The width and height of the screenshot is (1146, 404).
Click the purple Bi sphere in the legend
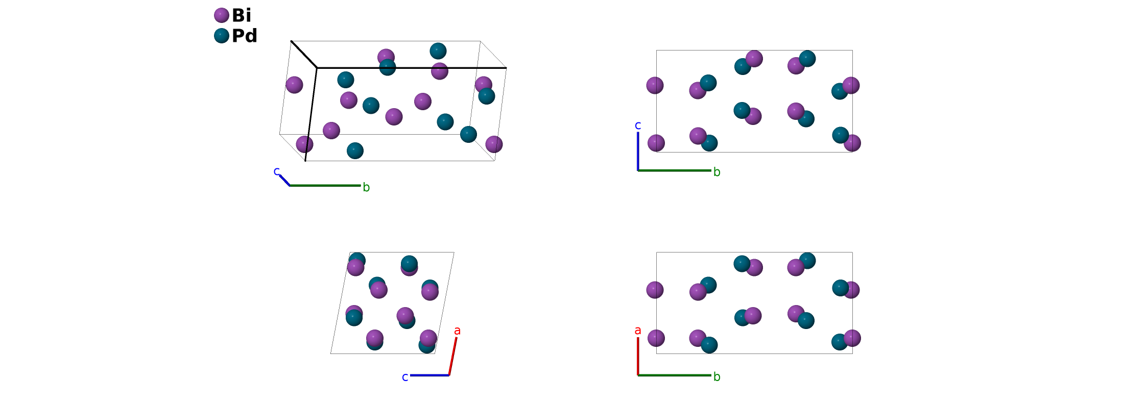(221, 15)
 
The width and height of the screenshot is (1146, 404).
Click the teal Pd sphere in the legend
(221, 36)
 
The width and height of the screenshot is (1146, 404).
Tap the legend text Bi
(242, 15)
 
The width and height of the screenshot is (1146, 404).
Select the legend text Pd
(245, 36)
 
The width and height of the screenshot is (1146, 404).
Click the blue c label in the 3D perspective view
(277, 171)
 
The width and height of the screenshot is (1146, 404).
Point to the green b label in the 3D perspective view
(366, 188)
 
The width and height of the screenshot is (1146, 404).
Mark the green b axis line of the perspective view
(325, 185)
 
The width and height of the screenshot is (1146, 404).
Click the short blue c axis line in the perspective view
(284, 180)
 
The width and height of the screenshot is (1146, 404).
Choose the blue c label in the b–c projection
(638, 125)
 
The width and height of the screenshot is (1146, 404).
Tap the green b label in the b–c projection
(717, 172)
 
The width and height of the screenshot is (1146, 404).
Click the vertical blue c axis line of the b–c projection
(638, 151)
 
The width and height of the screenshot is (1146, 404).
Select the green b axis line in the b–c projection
(674, 170)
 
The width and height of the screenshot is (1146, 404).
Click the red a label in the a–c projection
(458, 331)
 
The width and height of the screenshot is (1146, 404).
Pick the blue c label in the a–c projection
(405, 377)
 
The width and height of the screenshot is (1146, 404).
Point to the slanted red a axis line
(452, 356)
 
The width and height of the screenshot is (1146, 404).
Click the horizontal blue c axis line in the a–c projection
(429, 375)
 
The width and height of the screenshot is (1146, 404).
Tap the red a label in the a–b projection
(638, 331)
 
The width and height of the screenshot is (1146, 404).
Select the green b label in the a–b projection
(717, 377)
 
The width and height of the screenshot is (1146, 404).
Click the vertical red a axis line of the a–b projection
(638, 356)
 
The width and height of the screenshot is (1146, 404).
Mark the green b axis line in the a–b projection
(674, 375)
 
